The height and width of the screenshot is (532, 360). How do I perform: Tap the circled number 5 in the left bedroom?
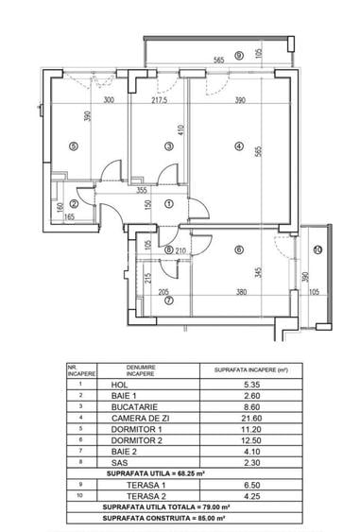coord(73,146)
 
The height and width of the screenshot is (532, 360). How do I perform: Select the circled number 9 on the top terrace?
coord(239,56)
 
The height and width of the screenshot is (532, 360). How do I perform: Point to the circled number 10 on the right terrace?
coord(318,249)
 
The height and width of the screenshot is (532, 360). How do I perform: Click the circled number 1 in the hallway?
coord(168,203)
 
